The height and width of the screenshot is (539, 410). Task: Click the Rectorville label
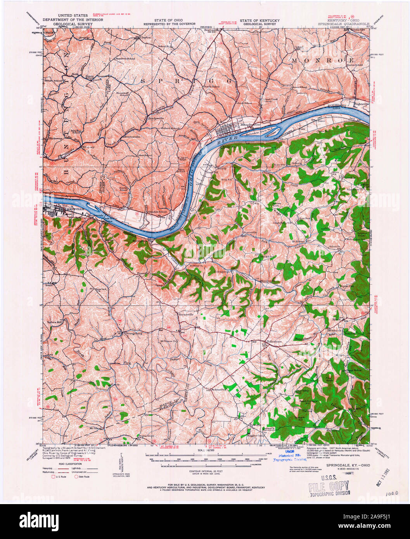pyautogui.click(x=185, y=314)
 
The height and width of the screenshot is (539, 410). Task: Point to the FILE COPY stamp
pyautogui.click(x=329, y=486)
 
